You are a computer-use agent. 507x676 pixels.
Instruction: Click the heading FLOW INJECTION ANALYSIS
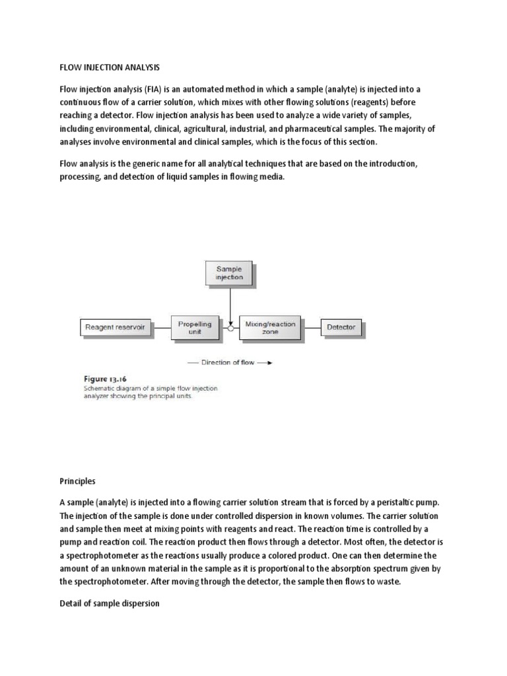(x=110, y=67)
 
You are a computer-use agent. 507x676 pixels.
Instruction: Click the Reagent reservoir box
(x=116, y=327)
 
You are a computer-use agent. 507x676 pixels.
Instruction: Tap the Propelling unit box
(x=195, y=327)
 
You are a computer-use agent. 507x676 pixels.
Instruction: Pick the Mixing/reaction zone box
(x=270, y=327)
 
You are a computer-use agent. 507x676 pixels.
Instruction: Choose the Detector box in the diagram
(x=341, y=327)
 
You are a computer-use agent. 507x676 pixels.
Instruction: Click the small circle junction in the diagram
(x=230, y=327)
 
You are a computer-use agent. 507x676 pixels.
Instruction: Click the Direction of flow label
(x=229, y=362)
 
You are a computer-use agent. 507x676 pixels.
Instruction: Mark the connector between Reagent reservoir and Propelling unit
(x=163, y=327)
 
